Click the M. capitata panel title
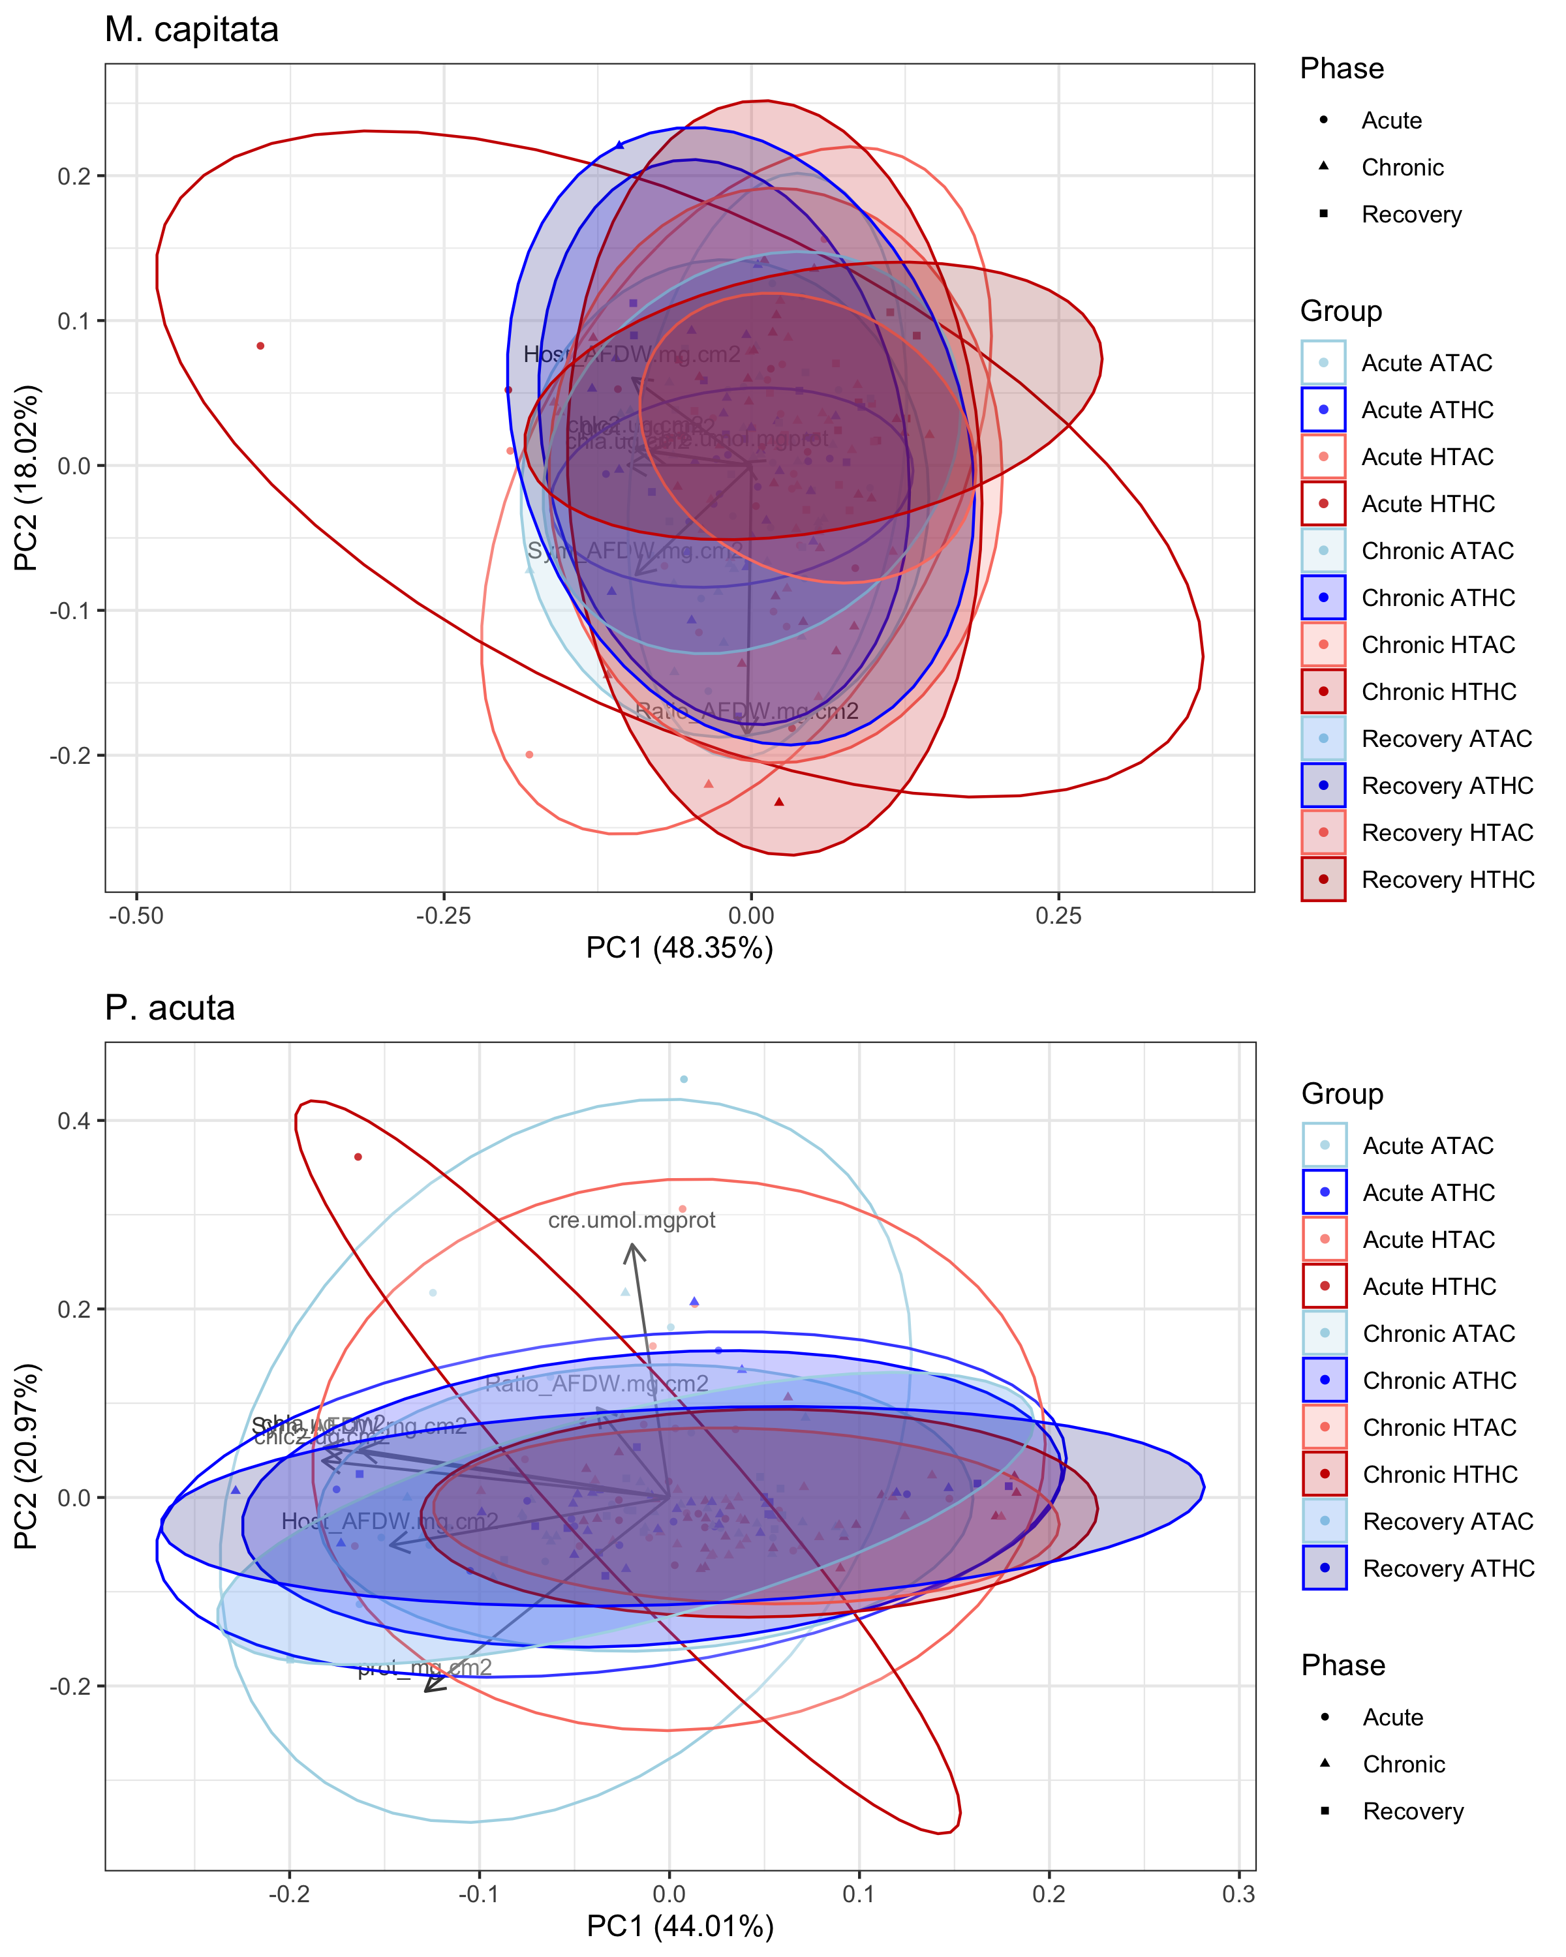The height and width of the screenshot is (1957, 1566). tap(192, 30)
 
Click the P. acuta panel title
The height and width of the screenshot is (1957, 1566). tap(170, 1009)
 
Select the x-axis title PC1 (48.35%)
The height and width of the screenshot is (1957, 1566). tap(679, 948)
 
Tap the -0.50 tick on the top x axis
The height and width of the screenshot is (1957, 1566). tap(136, 915)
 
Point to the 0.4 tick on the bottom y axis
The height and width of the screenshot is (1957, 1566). tap(74, 1120)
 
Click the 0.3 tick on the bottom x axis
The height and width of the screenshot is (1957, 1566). tap(1238, 1894)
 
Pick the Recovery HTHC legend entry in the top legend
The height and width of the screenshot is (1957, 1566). tap(1447, 879)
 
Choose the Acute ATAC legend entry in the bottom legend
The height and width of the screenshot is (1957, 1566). tap(1427, 1145)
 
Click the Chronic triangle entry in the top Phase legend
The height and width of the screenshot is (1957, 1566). tap(1402, 168)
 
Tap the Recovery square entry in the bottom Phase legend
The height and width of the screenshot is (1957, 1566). tap(1413, 1811)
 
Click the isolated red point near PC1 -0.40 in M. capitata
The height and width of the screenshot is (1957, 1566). tap(260, 346)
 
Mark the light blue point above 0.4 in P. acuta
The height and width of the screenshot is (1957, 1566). tap(684, 1079)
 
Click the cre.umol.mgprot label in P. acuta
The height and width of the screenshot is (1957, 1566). tap(631, 1220)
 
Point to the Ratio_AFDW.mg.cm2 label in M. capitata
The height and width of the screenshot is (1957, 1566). tap(746, 711)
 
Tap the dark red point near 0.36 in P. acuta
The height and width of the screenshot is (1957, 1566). tap(358, 1157)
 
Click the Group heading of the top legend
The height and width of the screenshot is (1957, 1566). tap(1340, 311)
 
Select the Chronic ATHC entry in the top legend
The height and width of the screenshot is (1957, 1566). tap(1438, 598)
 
